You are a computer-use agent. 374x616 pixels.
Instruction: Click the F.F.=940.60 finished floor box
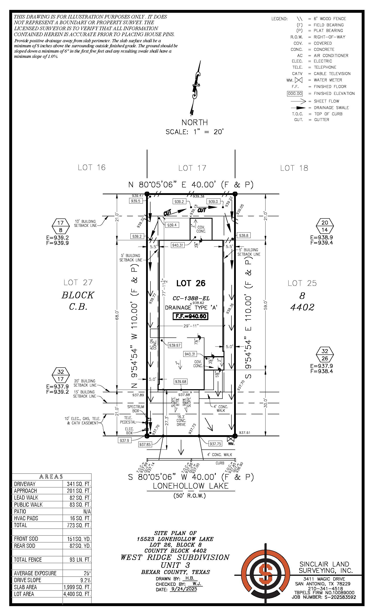point(191,316)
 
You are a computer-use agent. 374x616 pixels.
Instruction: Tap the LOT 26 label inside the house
point(191,283)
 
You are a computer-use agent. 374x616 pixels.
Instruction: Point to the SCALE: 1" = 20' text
point(194,132)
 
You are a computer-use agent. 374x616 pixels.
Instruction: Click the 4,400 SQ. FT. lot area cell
point(77,594)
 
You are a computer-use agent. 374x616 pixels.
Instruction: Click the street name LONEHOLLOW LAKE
point(191,486)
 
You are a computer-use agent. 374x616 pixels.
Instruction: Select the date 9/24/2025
point(183,589)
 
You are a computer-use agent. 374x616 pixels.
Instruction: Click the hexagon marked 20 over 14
point(324,226)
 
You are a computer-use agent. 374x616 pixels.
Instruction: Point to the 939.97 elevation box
point(174,345)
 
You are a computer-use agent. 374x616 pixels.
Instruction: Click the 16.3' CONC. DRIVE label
point(181,420)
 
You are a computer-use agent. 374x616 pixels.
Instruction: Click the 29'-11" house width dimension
point(191,326)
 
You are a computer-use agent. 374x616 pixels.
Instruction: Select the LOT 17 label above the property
point(192,168)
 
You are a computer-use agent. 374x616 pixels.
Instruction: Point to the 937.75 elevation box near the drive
point(215,444)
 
